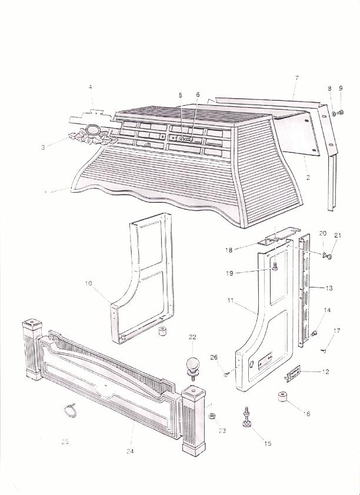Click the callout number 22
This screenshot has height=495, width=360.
[x=192, y=337]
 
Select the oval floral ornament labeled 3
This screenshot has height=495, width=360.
[x=92, y=133]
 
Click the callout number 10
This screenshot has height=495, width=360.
[x=88, y=284]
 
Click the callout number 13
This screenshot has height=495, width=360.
[x=329, y=288]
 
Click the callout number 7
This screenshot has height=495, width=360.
[x=297, y=78]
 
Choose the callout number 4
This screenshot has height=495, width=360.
[x=91, y=88]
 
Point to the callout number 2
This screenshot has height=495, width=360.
[x=307, y=176]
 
